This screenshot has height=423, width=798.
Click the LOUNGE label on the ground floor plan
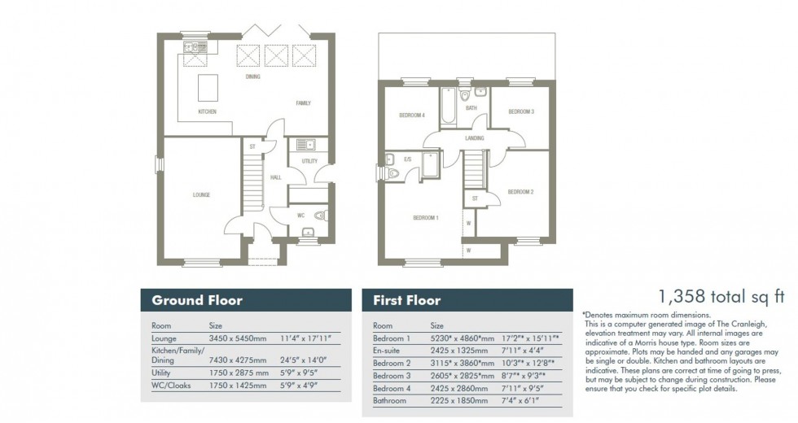pos(201,195)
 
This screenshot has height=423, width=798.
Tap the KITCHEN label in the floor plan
pos(207,111)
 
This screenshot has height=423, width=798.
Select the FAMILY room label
pos(303,103)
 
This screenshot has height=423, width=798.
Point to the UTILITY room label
pos(309,161)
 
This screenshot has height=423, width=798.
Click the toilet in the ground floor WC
pos(320,216)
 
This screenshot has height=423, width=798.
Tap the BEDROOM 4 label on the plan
pos(412,116)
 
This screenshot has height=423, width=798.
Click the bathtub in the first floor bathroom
pos(448,106)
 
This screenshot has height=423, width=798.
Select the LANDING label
pos(475,138)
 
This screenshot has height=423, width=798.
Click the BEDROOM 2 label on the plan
pos(520,192)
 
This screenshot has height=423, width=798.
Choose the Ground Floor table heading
pos(197,300)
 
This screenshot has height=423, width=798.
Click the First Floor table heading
pos(407,300)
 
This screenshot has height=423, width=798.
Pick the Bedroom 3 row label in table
pos(392,375)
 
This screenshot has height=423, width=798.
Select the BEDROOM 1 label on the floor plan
pos(425,218)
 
